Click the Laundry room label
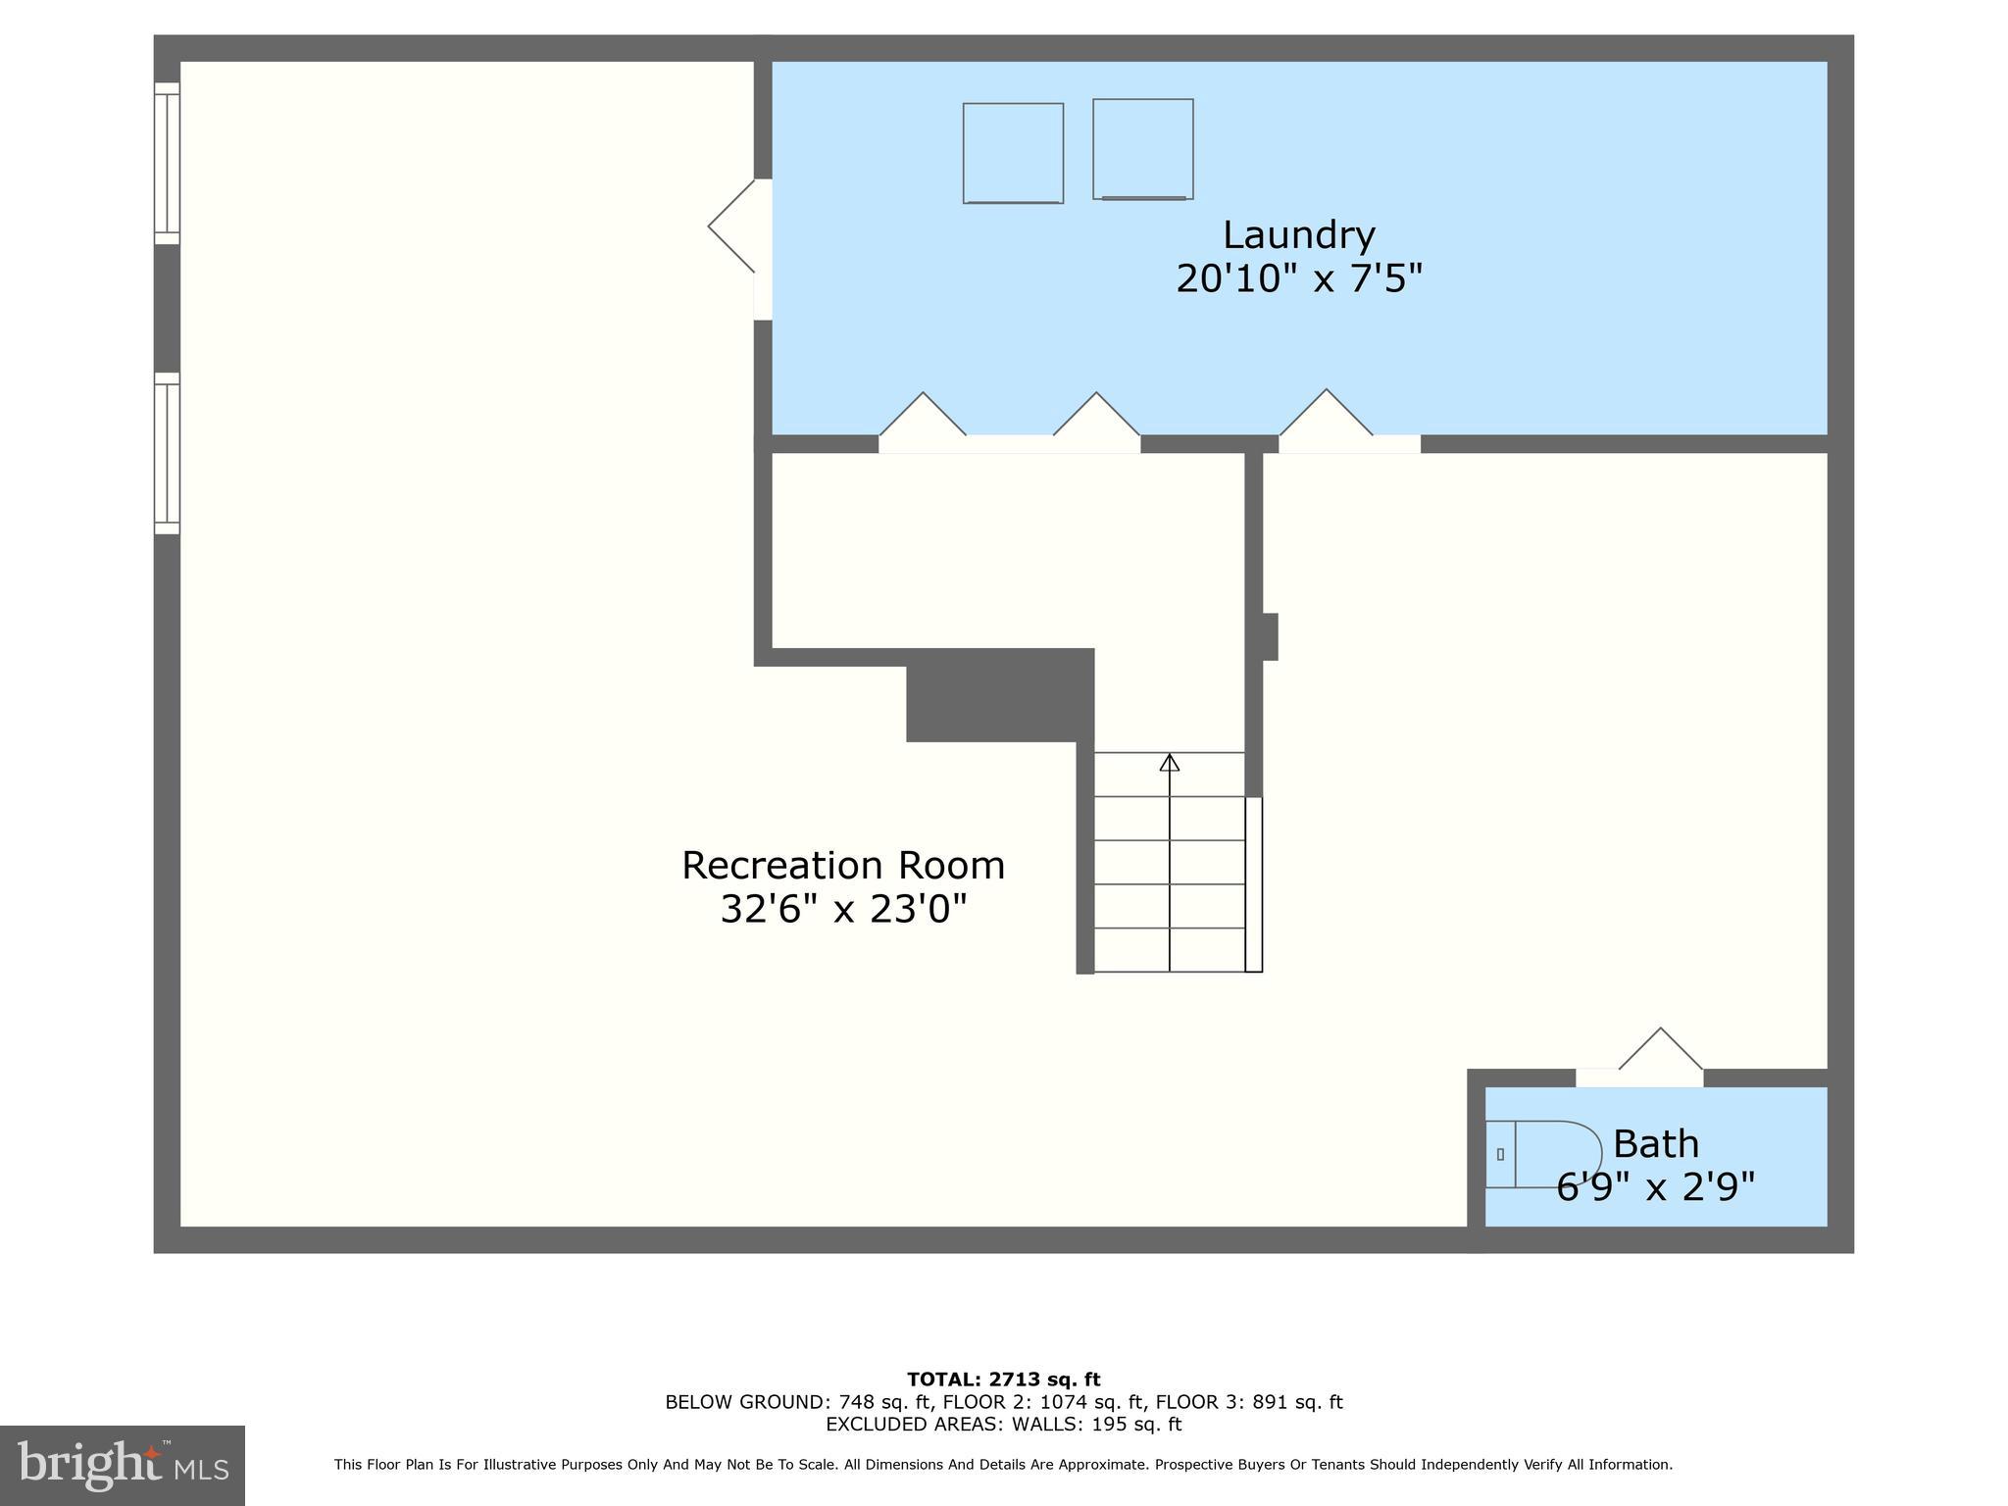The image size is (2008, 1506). (1298, 235)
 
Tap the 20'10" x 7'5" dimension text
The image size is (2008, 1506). (1298, 279)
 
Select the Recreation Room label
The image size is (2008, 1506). (843, 866)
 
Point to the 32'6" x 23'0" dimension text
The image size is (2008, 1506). (843, 909)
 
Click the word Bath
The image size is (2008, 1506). (1655, 1144)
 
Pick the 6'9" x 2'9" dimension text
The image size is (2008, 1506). (1655, 1187)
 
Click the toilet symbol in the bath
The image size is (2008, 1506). (1539, 1154)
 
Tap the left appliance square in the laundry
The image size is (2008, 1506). (1013, 153)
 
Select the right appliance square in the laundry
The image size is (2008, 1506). (1143, 148)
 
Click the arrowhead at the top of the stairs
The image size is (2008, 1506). (1170, 762)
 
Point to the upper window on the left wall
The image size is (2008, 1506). (168, 163)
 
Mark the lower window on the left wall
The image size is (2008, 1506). (168, 453)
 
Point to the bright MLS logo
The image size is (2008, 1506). (122, 1465)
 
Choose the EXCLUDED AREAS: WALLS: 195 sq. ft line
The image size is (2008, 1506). (1003, 1425)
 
